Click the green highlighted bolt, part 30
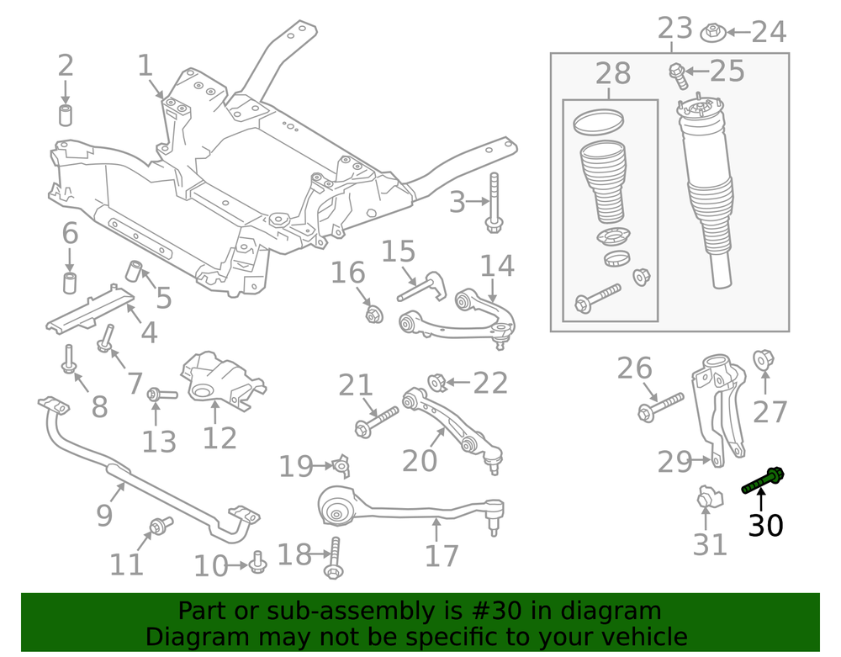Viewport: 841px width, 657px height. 762,481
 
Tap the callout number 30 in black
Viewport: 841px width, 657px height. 765,526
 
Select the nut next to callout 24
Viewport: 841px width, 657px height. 713,33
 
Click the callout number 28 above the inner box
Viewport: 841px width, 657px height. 613,74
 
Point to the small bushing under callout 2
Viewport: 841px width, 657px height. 66,114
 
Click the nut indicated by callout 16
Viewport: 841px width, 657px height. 373,315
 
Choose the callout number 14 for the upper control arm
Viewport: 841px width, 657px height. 497,266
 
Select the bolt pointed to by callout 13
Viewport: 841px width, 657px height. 161,393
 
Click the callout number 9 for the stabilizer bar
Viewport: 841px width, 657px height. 104,514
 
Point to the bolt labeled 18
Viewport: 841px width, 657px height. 334,559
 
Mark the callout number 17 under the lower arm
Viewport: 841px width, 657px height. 442,555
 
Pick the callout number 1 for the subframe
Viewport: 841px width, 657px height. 145,66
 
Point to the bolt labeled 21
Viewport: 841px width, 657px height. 376,420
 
